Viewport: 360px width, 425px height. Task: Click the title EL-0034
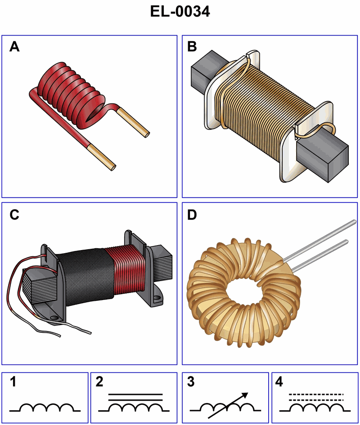(180, 12)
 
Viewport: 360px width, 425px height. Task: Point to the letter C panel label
(15, 215)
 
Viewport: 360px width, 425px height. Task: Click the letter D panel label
(192, 215)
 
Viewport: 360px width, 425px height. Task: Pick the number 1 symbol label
(13, 383)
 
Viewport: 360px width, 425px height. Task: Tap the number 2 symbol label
(100, 383)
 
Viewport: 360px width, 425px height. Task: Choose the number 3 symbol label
(191, 383)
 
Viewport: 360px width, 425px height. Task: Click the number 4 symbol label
(279, 383)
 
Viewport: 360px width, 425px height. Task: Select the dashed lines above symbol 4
(315, 397)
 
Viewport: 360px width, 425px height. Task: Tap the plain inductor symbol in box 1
(45, 407)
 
